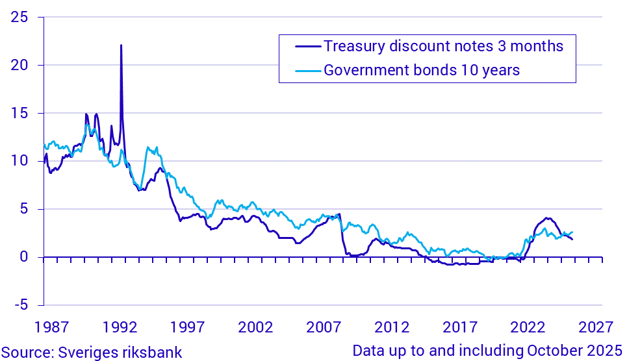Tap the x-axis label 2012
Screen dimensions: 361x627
coord(392,326)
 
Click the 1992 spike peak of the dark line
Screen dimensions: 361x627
coord(121,45)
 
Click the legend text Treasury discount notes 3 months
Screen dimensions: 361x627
coord(443,47)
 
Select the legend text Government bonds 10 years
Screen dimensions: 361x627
coord(422,70)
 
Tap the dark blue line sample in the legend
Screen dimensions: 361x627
coord(302,47)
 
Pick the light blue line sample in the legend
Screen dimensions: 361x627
coord(302,70)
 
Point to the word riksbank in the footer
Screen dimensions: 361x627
coord(153,352)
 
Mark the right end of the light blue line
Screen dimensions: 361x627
coord(572,232)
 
